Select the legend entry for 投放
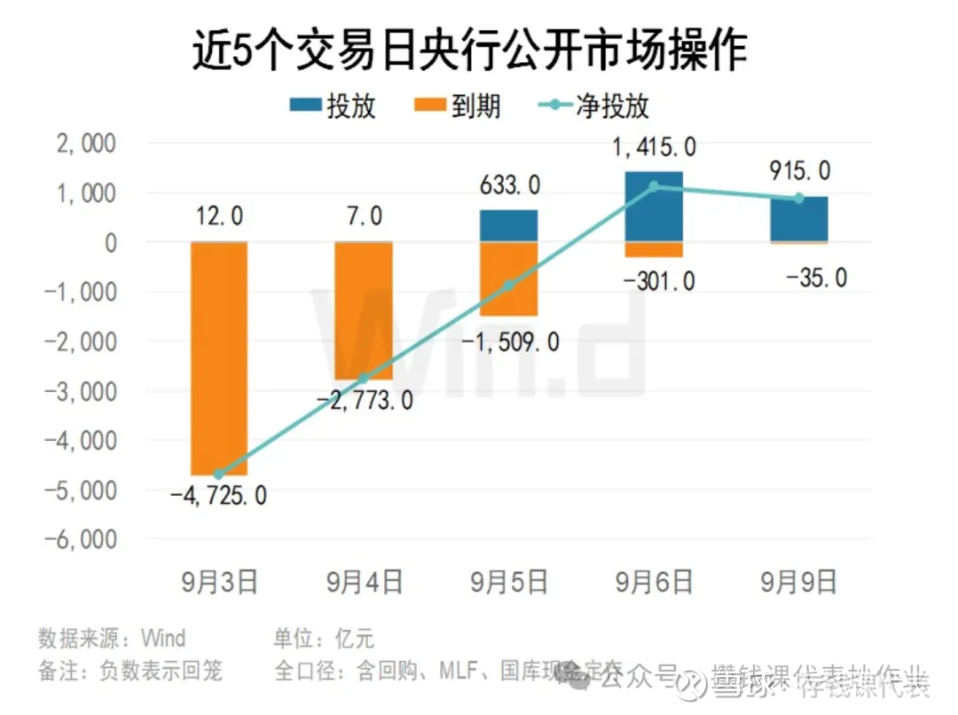point(333,106)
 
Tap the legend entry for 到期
point(457,106)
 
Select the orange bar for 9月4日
point(364,310)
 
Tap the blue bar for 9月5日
point(509,225)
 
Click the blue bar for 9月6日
point(654,207)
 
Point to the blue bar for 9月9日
point(799,219)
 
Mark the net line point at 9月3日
point(219,475)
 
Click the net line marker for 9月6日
point(654,186)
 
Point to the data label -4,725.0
point(219,496)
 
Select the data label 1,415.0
point(654,147)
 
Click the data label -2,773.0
point(365,400)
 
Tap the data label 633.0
point(509,186)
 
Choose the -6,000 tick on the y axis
point(78,539)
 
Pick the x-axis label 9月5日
point(509,582)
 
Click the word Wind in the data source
point(164,638)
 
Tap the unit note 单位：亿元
point(324,638)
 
